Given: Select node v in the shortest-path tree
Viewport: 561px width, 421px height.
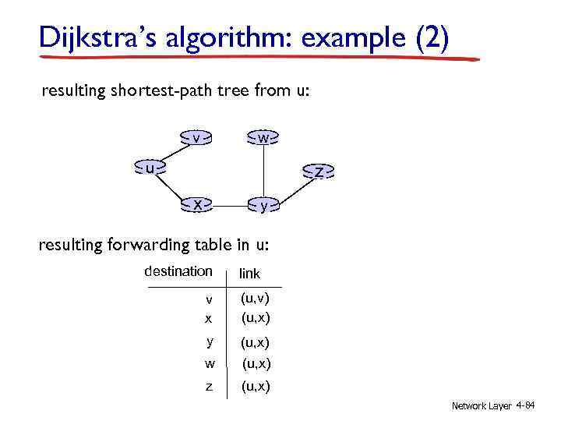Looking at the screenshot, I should (198, 138).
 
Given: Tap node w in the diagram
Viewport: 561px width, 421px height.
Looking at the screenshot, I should (263, 138).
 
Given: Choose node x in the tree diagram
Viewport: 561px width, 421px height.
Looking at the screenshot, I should (198, 205).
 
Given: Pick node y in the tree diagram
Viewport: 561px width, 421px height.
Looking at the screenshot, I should (263, 206).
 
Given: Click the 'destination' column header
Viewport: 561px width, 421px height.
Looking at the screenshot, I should (178, 271).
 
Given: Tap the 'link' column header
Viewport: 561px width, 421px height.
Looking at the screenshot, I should (249, 273).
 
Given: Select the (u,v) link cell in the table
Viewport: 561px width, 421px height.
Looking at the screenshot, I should (256, 298).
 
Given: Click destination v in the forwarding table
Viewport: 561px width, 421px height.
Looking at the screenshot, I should (209, 299).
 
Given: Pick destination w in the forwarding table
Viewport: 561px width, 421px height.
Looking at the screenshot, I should (209, 363).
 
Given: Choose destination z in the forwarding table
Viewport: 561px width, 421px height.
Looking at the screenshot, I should (209, 387).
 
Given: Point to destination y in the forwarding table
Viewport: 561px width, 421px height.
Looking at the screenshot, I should (209, 341).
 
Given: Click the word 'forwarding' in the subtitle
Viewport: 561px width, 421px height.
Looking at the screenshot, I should (128, 245).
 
